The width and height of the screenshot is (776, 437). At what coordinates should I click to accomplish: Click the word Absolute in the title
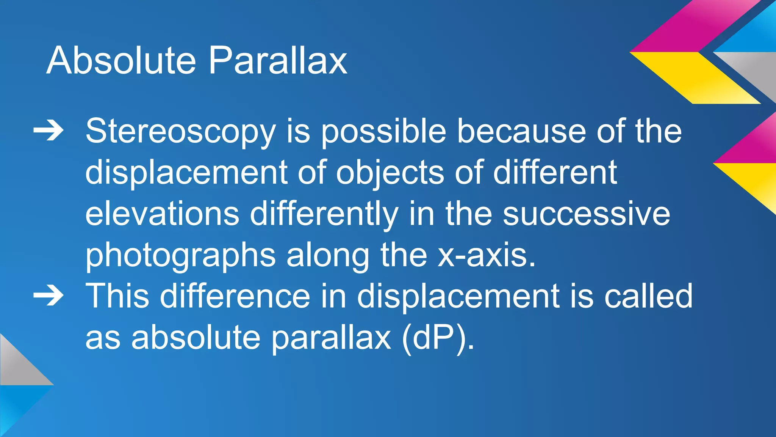tap(121, 60)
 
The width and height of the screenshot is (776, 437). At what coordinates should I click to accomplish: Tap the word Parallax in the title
tap(278, 60)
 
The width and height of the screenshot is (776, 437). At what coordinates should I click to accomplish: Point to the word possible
tap(383, 132)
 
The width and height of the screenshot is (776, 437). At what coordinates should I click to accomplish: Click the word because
tap(522, 132)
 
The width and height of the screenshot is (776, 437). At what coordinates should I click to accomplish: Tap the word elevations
tap(162, 214)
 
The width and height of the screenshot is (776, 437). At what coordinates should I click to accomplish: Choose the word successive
tap(586, 214)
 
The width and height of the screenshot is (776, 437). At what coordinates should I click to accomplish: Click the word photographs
tap(180, 256)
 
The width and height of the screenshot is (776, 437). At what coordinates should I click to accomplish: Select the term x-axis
tap(487, 255)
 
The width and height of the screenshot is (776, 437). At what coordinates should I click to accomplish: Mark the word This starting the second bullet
tap(117, 296)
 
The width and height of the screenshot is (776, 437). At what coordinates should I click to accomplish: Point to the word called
tap(648, 296)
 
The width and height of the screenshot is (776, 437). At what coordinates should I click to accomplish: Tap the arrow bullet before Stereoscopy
tap(48, 131)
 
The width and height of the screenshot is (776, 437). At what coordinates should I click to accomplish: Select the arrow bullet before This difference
tap(48, 296)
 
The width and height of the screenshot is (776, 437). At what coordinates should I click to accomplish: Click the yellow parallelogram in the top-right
tap(695, 78)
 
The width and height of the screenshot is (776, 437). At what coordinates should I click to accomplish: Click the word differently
tap(324, 214)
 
